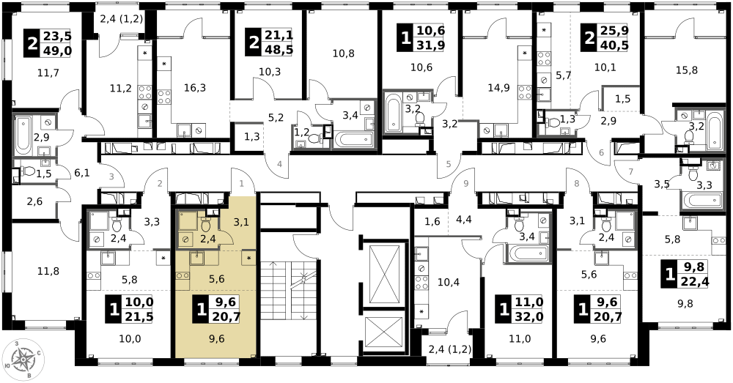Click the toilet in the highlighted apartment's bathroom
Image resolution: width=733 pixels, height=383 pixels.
(x=206, y=224)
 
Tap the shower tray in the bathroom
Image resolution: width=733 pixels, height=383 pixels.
(x=188, y=220)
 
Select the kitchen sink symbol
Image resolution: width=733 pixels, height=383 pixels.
(x=197, y=258)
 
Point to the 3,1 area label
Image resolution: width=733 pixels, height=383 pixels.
(x=241, y=222)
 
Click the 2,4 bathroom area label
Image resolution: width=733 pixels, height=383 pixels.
(x=207, y=239)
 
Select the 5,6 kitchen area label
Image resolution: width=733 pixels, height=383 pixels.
(x=216, y=279)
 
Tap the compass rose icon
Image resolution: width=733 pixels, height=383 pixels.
(x=23, y=360)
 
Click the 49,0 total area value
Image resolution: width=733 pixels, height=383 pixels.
(x=56, y=51)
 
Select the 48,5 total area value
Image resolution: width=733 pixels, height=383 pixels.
(x=277, y=51)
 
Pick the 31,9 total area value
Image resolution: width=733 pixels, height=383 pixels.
(x=429, y=45)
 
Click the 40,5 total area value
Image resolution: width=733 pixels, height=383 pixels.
(x=613, y=45)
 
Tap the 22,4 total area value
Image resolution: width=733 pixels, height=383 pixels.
(x=693, y=282)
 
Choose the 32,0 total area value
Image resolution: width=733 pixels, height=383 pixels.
(x=527, y=317)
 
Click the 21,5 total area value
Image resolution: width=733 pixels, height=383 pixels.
(x=138, y=317)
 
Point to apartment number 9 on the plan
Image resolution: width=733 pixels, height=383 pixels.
(x=465, y=184)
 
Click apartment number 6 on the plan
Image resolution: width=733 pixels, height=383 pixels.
(x=601, y=153)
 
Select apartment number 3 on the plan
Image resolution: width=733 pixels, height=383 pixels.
(x=111, y=176)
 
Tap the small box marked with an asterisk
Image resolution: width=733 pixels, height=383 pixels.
(x=248, y=258)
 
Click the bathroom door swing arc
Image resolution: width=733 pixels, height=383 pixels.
(x=226, y=237)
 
